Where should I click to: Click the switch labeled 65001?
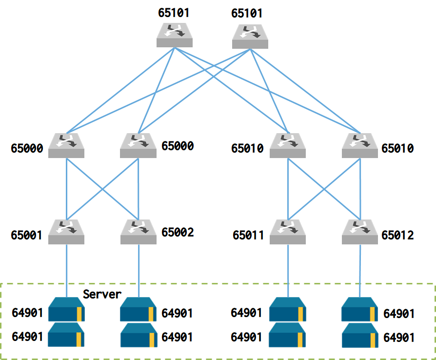pos(66,232)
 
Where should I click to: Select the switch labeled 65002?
pos(139,232)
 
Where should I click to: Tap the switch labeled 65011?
pos(288,232)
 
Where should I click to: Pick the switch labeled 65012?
pos(360,232)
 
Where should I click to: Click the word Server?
pos(102,294)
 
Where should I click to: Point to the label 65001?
pos(26,236)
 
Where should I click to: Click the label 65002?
pos(178,232)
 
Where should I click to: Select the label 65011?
pos(248,236)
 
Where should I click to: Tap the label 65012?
pos(397,236)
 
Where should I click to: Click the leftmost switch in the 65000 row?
pos(66,145)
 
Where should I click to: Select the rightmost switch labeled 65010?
pos(360,145)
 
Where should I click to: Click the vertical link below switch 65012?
pos(360,268)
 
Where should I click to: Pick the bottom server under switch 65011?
pos(288,335)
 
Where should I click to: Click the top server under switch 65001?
pos(66,309)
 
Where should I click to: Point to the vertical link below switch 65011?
pos(288,268)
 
